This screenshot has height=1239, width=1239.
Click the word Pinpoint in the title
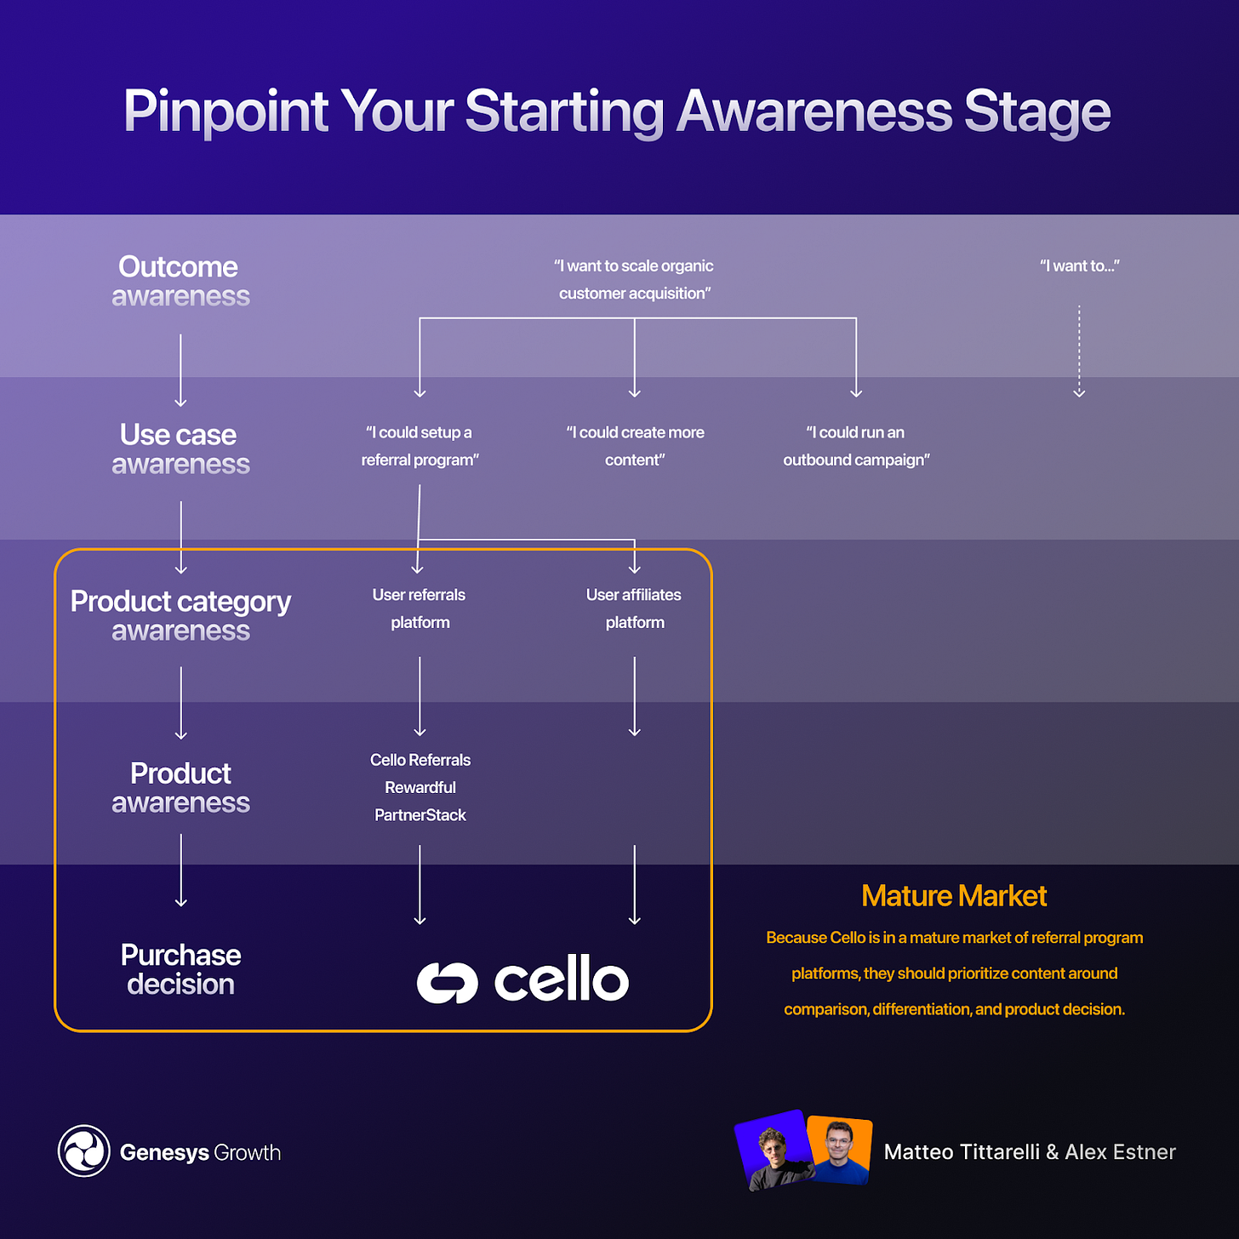(x=226, y=111)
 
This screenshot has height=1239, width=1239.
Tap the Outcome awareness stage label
(x=180, y=281)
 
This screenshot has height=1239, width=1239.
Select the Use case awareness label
(x=180, y=448)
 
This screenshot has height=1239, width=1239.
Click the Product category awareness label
(x=180, y=615)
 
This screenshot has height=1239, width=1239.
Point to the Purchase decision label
(x=180, y=969)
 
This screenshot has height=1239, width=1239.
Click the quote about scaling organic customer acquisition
(x=634, y=279)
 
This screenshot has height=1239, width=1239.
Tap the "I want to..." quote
(x=1079, y=265)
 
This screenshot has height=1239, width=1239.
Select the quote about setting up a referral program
(x=420, y=446)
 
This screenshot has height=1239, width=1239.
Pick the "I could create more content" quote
(x=635, y=446)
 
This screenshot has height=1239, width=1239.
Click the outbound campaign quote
(x=856, y=446)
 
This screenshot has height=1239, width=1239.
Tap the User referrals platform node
(x=420, y=608)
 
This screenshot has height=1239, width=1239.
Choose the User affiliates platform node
(x=634, y=608)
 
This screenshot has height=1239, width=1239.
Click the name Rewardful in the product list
(x=420, y=787)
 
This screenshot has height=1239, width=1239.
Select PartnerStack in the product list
(x=420, y=815)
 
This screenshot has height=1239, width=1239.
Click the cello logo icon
(x=448, y=982)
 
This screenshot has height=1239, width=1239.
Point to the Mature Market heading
(x=954, y=896)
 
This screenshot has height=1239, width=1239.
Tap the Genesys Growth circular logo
(x=83, y=1150)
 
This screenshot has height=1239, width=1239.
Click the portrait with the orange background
(x=841, y=1149)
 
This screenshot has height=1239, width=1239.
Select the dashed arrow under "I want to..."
(x=1079, y=351)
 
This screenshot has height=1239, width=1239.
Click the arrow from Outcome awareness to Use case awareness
(x=180, y=370)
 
